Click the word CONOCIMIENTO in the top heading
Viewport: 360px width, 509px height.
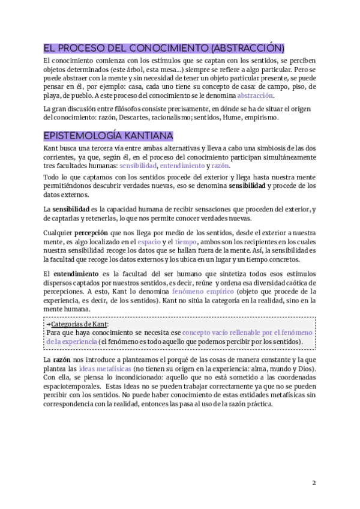click(163, 48)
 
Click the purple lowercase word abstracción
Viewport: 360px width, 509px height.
click(255, 95)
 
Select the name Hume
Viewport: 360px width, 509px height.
click(232, 118)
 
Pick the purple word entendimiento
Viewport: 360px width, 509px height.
click(181, 166)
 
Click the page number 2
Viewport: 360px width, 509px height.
click(314, 483)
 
